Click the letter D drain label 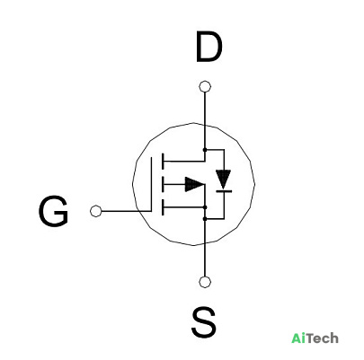209,47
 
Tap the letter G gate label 54,211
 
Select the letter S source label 204,322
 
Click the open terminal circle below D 205,87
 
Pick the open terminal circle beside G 96,211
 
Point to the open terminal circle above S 205,282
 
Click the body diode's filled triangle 223,179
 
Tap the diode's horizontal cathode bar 224,191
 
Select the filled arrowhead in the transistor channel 194,184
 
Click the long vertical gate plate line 151,184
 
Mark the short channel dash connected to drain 163,162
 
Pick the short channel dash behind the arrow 163,184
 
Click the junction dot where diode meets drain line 205,149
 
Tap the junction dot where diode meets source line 205,219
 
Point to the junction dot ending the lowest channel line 205,207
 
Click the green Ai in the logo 298,338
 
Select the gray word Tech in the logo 323,338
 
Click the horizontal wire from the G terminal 127,211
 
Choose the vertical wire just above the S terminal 205,248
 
